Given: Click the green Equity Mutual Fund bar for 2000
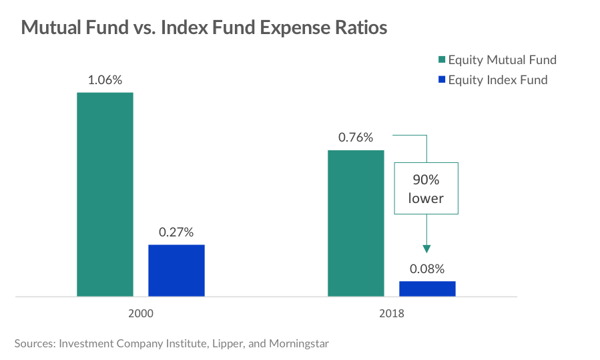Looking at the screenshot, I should click(105, 194).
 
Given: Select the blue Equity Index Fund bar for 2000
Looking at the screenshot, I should click(176, 270).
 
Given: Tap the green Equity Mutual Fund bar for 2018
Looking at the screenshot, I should click(356, 222).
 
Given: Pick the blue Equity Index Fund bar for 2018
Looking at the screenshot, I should click(427, 289).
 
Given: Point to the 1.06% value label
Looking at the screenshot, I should click(105, 80).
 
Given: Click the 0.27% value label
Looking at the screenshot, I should click(176, 232).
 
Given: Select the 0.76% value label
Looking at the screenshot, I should click(356, 138).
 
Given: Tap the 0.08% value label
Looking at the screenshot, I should click(427, 269).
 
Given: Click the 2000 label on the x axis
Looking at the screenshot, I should click(141, 312).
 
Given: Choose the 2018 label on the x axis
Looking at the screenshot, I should click(392, 312).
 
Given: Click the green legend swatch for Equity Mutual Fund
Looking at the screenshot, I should click(442, 60).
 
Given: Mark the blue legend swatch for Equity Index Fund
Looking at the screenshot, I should click(442, 80).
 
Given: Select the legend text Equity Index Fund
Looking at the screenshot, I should click(498, 80).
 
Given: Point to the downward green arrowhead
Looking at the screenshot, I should click(426, 248).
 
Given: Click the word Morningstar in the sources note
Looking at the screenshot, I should click(297, 344).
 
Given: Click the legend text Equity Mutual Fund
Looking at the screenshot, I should click(502, 60).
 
